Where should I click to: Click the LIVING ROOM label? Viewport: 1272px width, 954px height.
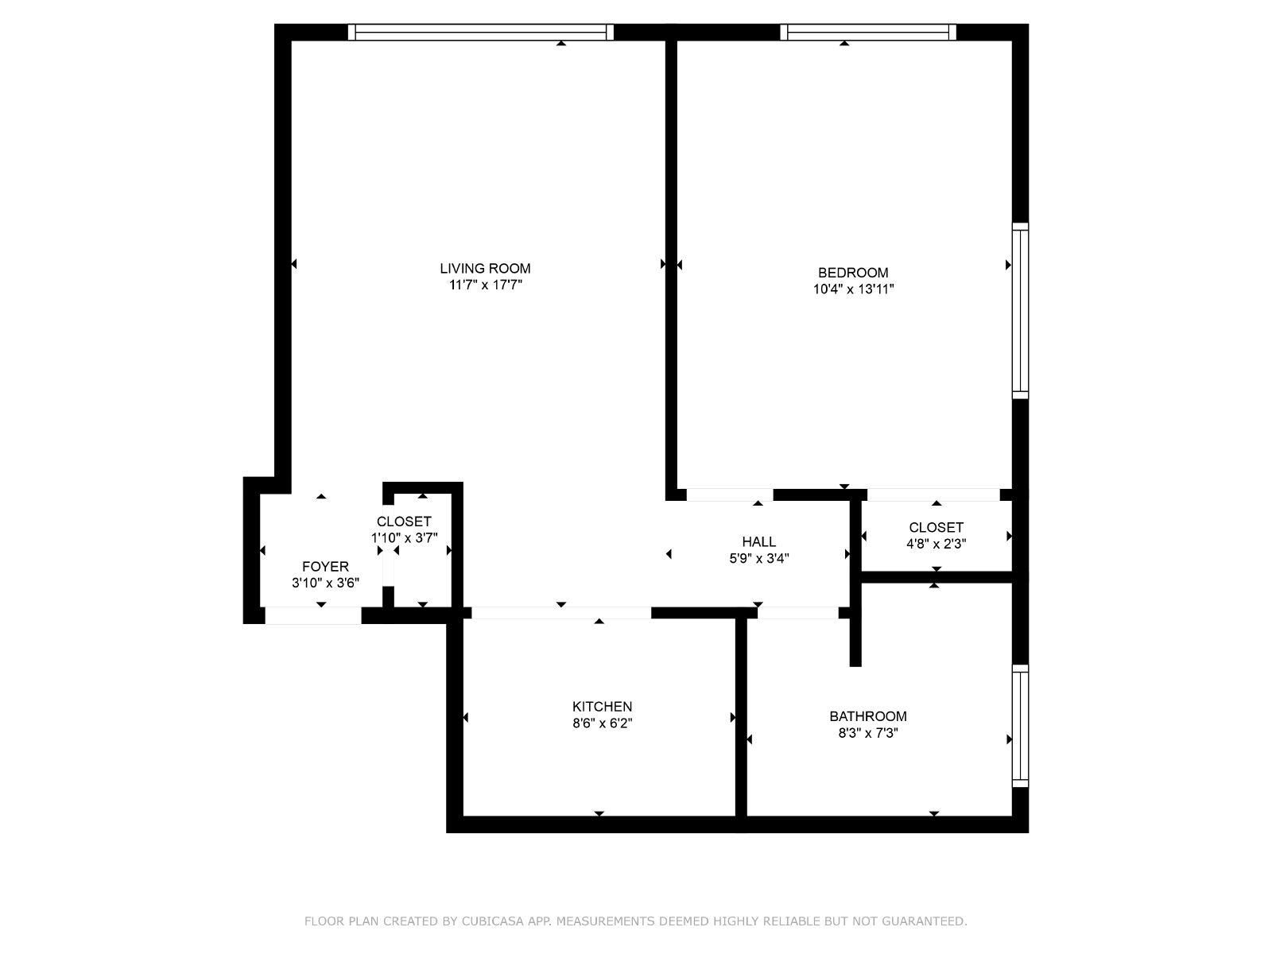click(x=485, y=269)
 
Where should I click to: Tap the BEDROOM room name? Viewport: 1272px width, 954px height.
click(x=853, y=273)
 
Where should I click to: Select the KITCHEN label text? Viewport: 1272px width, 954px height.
click(x=602, y=707)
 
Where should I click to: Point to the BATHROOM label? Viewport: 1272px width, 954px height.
click(x=868, y=716)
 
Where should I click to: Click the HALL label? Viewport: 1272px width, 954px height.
click(x=759, y=542)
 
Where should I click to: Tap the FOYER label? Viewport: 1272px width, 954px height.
click(x=325, y=567)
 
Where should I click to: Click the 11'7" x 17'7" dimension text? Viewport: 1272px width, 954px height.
click(x=486, y=285)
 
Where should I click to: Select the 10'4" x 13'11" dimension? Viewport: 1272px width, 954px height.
click(x=853, y=289)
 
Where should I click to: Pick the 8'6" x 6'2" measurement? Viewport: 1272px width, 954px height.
click(x=602, y=723)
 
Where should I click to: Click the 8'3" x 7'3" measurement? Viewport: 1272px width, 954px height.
click(x=868, y=733)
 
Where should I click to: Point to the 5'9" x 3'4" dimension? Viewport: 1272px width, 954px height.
click(x=759, y=558)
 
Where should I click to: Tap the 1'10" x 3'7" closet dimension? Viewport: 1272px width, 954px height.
click(x=405, y=538)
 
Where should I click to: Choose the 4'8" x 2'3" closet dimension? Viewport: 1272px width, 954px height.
click(x=937, y=544)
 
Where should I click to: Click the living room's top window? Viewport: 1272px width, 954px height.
click(x=480, y=33)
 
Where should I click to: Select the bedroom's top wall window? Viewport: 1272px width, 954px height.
click(x=868, y=33)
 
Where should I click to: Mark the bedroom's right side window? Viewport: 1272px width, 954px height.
click(x=1021, y=311)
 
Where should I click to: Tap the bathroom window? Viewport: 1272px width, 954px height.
click(x=1021, y=726)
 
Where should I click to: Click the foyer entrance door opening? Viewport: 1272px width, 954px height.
click(x=313, y=615)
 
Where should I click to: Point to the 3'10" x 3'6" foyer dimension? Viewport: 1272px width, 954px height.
click(x=325, y=584)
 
